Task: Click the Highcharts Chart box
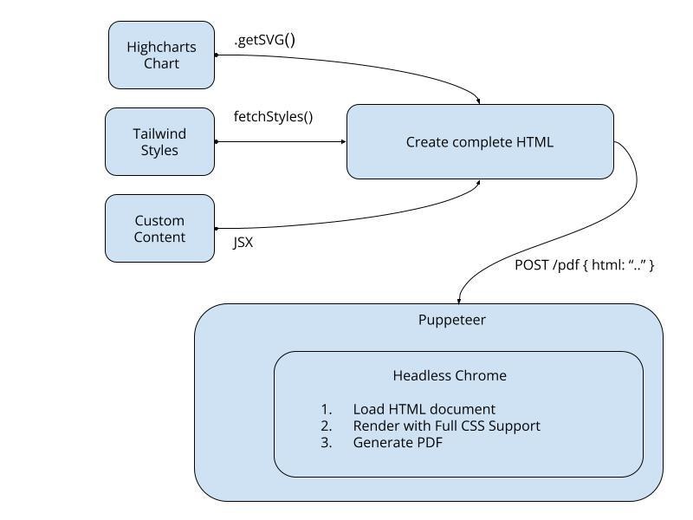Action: coord(161,55)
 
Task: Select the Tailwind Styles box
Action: coord(160,141)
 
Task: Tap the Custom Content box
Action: coord(159,228)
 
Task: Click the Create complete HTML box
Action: coord(480,141)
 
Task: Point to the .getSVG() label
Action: coord(265,40)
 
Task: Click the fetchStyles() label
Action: coord(273,116)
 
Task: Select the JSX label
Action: coord(243,243)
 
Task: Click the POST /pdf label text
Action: coord(584,264)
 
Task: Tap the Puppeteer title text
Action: coord(451,320)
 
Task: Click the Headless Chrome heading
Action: coord(450,375)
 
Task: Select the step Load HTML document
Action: coord(424,409)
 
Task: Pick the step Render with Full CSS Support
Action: coord(446,426)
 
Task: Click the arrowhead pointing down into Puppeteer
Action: coord(459,299)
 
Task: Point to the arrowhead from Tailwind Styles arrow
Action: coord(342,141)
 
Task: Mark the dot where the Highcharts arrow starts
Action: coord(216,55)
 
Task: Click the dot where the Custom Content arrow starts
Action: coord(216,229)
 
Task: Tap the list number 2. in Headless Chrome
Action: coord(326,426)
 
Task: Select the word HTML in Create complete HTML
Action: coord(533,141)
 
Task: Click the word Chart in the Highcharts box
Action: coord(161,63)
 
